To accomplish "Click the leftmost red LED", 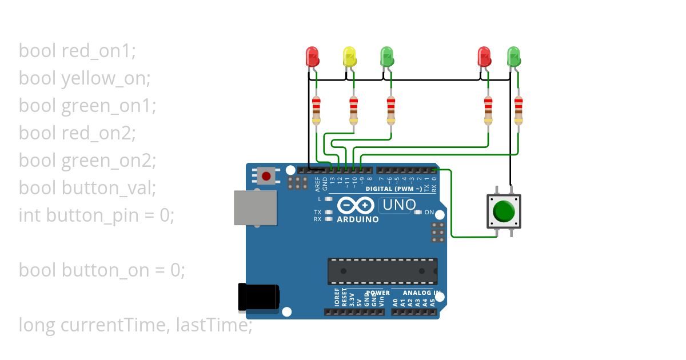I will pos(312,56).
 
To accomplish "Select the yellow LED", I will pos(349,56).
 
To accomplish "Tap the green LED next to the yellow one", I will pos(387,56).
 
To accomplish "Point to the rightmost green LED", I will pos(514,56).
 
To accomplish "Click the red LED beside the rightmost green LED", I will pos(484,56).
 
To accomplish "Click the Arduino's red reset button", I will pos(266,175).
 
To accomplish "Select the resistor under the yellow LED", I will pos(354,110).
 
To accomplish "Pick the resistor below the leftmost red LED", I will pos(316,110).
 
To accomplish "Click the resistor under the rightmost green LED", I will pos(519,110).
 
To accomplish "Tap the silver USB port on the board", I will pos(255,208).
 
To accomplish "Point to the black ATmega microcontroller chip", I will pos(382,271).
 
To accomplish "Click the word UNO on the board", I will pos(398,205).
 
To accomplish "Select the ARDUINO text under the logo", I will pos(358,219).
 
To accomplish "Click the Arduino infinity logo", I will pos(356,205).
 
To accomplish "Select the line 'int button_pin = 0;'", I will pos(96,215).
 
